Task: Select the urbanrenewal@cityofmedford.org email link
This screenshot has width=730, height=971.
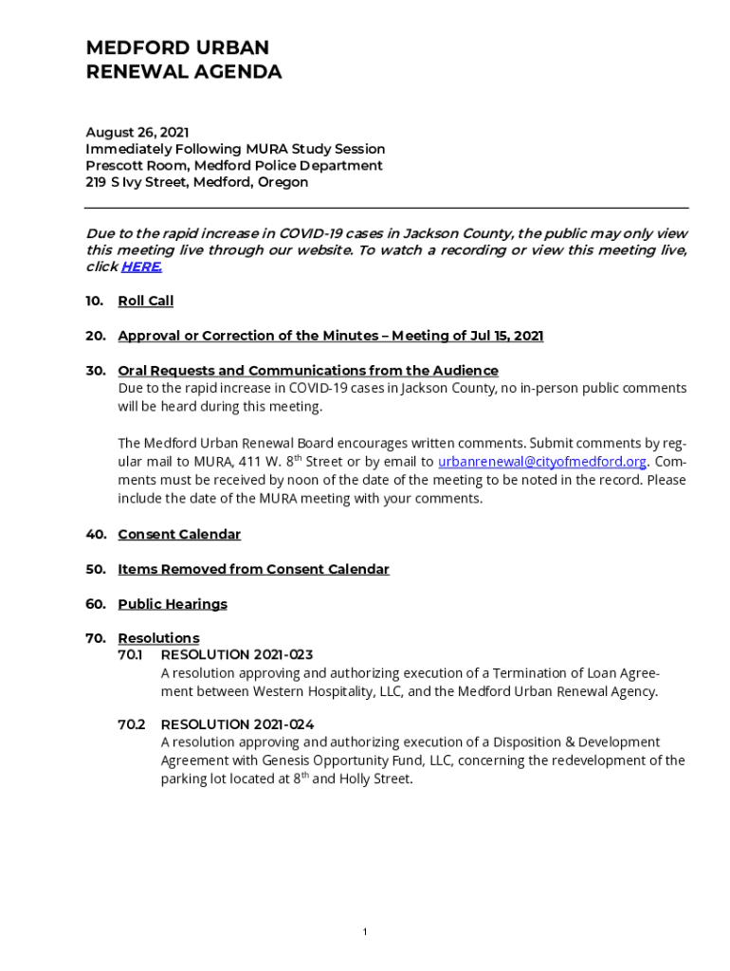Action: (541, 462)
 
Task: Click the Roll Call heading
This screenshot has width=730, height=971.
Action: (145, 302)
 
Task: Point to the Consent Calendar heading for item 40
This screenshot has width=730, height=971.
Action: (179, 535)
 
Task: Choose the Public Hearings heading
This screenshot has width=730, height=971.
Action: (173, 604)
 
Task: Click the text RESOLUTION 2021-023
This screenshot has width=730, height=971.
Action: (237, 655)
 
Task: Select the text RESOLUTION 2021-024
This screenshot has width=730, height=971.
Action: (237, 724)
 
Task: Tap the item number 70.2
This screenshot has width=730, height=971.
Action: (131, 724)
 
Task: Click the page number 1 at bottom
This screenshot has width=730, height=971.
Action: (365, 933)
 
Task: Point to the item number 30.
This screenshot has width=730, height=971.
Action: (95, 371)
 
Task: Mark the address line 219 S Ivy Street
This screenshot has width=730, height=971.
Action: (196, 182)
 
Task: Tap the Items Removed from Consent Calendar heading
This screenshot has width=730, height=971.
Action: (253, 570)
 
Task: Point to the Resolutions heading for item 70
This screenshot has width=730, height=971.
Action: (158, 638)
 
